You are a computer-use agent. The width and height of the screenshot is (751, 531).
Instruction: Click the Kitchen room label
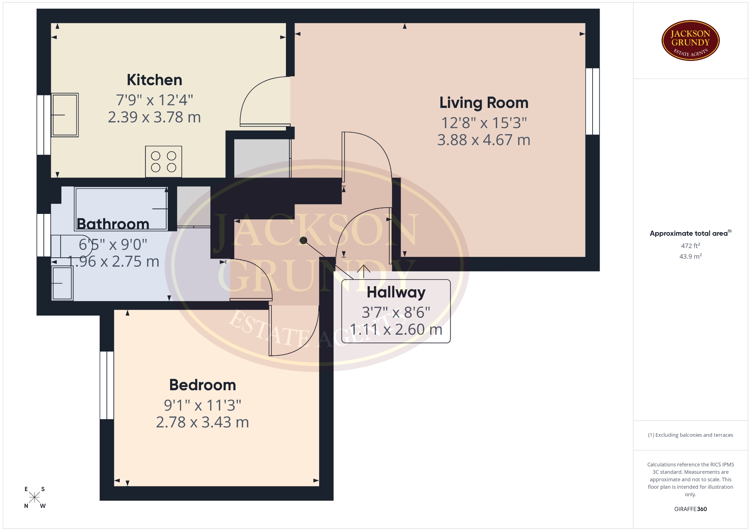click(x=155, y=80)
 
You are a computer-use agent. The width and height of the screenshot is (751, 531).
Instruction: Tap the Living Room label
click(x=484, y=103)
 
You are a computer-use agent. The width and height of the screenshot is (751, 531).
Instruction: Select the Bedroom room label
click(x=203, y=385)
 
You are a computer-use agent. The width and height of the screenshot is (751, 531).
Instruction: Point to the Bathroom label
click(x=113, y=224)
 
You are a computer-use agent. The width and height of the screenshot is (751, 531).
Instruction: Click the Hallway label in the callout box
click(x=396, y=292)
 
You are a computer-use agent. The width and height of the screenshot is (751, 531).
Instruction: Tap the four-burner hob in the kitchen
click(x=163, y=161)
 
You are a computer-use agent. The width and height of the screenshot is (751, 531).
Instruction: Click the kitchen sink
click(x=65, y=115)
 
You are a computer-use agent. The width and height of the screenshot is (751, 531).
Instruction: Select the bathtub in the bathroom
click(x=121, y=209)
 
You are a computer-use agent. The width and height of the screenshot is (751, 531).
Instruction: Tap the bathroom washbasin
click(x=62, y=283)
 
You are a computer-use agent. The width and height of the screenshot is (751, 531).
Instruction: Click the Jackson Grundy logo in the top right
click(x=690, y=41)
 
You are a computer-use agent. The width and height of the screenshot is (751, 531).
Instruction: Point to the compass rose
click(x=34, y=497)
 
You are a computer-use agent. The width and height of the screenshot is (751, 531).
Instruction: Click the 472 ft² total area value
click(x=690, y=246)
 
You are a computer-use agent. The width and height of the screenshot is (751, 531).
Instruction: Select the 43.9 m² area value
click(x=690, y=257)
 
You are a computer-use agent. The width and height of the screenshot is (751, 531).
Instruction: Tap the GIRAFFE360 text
click(x=690, y=509)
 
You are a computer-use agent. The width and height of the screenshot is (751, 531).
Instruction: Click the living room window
click(x=593, y=102)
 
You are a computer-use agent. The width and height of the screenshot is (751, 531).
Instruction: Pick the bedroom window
click(x=107, y=385)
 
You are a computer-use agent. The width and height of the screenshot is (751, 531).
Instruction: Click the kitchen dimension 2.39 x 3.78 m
click(x=155, y=117)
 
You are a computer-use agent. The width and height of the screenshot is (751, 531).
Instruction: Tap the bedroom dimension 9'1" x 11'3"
click(x=203, y=405)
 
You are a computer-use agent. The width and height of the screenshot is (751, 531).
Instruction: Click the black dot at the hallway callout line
click(x=304, y=240)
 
